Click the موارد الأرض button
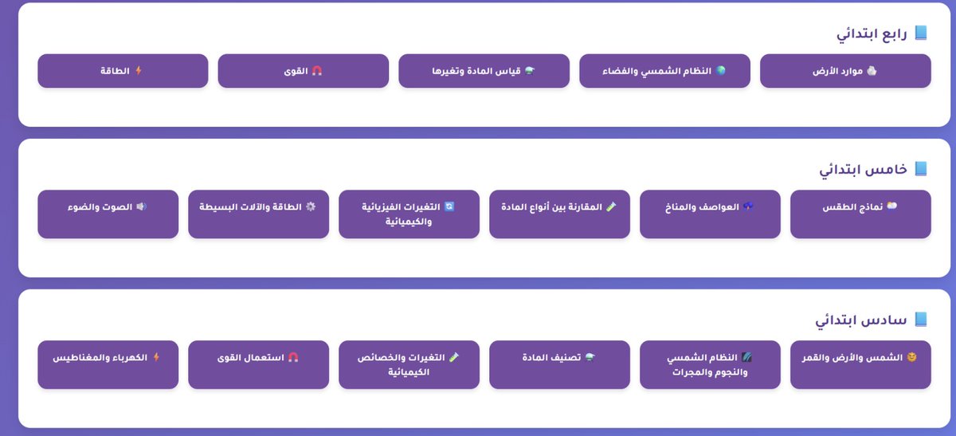pos(845,71)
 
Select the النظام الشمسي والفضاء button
pos(664,71)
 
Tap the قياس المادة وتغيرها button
pos(484,71)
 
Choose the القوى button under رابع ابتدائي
pos(303,71)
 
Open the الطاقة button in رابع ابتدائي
pos(123,71)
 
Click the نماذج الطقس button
pos(860,214)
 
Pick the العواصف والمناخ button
pos(710,214)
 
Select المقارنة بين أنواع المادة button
pos(559,214)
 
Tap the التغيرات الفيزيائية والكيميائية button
pos(409,214)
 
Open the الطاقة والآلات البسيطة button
pos(258,214)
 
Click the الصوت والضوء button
pos(108,214)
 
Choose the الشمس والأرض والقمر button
pos(860,364)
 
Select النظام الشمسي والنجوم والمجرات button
pos(710,364)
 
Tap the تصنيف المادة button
pos(559,364)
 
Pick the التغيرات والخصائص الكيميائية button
pos(409,364)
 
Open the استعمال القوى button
pos(258,364)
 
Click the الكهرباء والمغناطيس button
pos(108,364)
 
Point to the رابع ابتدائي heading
pos(872,33)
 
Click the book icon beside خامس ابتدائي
pos(921,169)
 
